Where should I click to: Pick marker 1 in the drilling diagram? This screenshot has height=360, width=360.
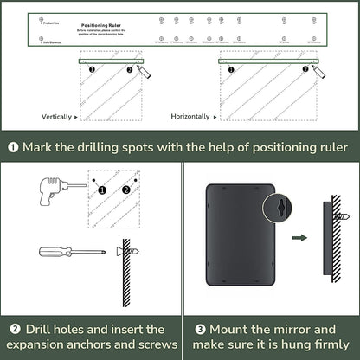102,190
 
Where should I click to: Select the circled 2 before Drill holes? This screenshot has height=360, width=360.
15,329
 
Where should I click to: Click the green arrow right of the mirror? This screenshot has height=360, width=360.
299,235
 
